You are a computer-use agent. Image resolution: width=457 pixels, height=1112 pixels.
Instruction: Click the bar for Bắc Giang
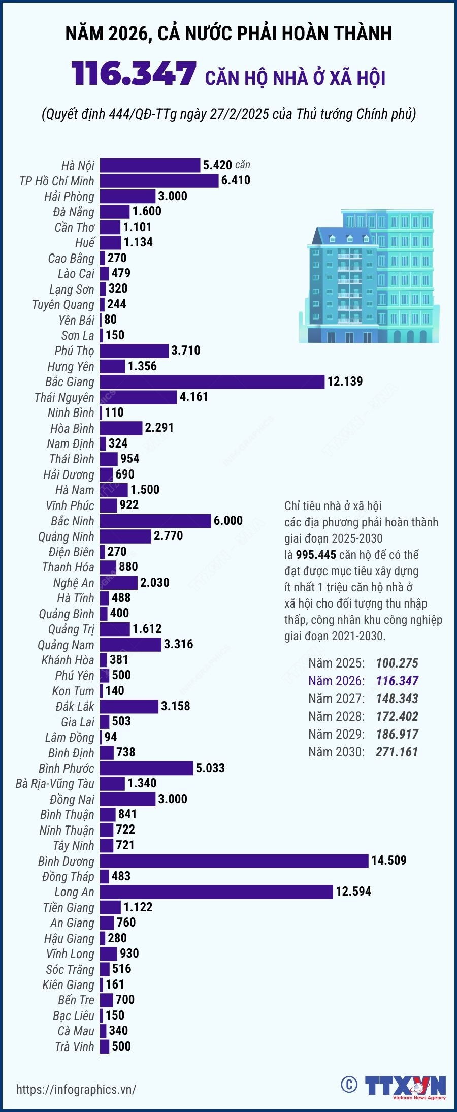[212, 382]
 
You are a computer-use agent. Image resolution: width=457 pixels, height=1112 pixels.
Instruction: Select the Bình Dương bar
[234, 861]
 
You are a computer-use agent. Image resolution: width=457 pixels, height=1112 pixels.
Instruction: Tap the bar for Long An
[216, 892]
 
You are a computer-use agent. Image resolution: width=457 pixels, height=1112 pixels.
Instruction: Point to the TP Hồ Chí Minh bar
[159, 181]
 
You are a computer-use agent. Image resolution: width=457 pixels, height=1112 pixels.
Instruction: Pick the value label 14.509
[389, 860]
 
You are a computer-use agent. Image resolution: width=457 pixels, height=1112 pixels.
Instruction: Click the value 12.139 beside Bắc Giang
[345, 382]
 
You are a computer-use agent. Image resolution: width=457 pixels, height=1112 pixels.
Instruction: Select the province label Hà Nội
[78, 165]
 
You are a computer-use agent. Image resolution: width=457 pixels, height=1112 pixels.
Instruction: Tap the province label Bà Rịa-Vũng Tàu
[55, 783]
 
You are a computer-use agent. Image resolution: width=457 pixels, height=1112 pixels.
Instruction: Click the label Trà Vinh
[75, 1046]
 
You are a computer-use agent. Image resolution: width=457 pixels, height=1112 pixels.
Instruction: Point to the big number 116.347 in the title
[134, 74]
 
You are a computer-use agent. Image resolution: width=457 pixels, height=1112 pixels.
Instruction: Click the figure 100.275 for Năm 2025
[397, 663]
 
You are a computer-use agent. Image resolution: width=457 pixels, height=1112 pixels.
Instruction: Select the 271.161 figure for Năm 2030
[397, 752]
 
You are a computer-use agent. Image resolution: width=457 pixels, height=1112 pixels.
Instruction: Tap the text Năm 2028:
[336, 716]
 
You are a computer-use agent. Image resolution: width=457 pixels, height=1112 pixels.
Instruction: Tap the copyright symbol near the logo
[349, 1084]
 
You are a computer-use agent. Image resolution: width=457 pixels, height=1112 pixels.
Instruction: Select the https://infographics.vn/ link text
[76, 1089]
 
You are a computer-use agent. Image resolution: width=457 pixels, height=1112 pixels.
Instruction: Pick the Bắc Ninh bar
[155, 521]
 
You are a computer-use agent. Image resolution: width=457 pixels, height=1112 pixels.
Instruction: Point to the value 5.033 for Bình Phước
[210, 768]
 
